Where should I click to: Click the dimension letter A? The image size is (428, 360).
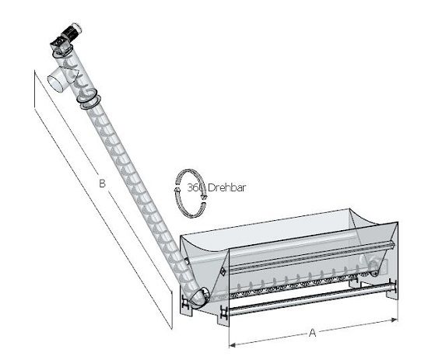pos(312,333)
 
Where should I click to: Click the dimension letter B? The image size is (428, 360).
pos(102,183)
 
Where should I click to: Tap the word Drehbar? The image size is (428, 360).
pos(226,187)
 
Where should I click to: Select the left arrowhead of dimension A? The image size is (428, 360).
pos(232,345)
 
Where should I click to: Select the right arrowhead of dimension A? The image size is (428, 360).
pos(395,320)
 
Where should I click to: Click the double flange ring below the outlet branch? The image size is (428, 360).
pos(89,100)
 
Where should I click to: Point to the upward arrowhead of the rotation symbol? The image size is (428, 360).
pos(177,188)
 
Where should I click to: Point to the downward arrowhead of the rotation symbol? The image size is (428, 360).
pos(204,196)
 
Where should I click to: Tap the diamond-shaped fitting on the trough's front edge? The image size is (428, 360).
pos(223,271)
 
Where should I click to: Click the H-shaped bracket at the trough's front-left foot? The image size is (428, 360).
pos(224,313)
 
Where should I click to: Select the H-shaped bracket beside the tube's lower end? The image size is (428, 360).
pos(185,302)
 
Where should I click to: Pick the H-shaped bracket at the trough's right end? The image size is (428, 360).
pos(392,286)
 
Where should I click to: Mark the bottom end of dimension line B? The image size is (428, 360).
pos(172,329)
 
